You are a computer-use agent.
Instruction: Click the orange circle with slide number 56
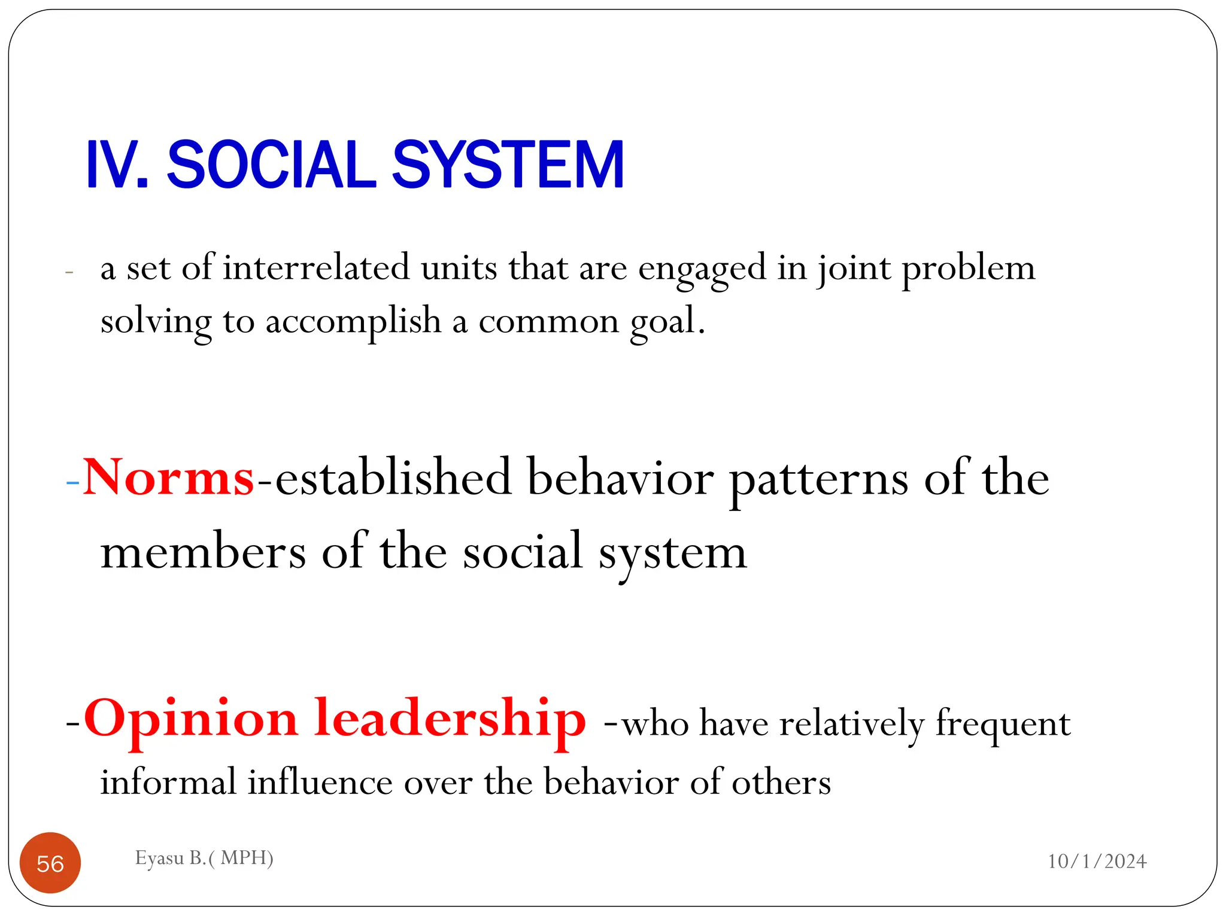tap(50, 863)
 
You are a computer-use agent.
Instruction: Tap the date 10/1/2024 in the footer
tap(1097, 861)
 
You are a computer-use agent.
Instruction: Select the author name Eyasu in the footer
tap(159, 858)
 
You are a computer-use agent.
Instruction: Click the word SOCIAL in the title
tap(271, 165)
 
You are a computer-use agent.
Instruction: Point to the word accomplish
tap(353, 321)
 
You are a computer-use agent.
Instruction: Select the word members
tap(204, 552)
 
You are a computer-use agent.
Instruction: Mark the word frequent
tap(1003, 725)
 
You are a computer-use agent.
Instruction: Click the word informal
tap(168, 782)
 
